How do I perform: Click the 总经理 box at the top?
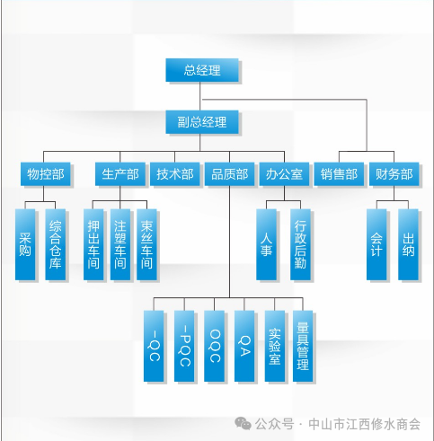point(202,70)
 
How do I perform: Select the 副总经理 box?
point(202,122)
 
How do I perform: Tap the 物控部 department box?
point(46,174)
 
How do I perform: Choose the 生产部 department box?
point(120,174)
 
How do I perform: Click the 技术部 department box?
point(174,174)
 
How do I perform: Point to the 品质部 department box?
point(229,174)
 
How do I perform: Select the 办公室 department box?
point(283,174)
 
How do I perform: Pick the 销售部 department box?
point(339,174)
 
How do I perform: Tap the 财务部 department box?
point(394,174)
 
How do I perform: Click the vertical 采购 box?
point(25,243)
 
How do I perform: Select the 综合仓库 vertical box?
point(56,243)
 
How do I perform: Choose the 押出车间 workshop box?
point(93,243)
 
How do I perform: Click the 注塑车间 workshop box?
point(120,243)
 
